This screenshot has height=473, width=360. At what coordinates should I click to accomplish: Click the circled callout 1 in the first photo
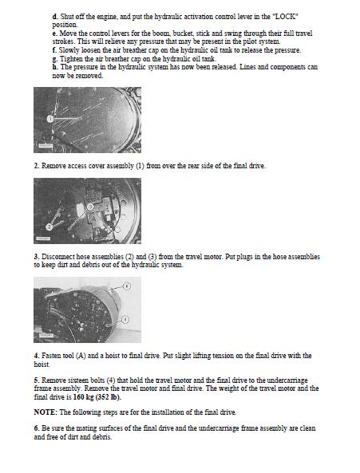point(50,119)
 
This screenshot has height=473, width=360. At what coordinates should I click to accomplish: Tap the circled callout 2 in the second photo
point(49,226)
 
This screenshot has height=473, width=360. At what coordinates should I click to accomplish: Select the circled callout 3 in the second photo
point(90,207)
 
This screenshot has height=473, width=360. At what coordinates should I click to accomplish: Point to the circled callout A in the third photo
point(128,286)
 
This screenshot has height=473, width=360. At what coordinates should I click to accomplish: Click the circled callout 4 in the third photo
point(126,319)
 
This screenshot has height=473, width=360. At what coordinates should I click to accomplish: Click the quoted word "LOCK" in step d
point(285,16)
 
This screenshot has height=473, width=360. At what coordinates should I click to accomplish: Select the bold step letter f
point(53,50)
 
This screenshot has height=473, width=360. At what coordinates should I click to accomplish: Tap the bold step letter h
point(54,67)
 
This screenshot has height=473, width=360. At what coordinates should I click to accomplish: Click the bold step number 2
point(37,166)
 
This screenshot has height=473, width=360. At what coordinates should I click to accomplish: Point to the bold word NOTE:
point(45,412)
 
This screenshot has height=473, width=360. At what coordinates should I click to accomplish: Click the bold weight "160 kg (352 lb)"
point(97,397)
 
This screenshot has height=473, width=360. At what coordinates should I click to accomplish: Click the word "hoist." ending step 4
point(42,364)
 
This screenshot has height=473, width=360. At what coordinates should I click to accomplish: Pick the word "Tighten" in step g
point(69,59)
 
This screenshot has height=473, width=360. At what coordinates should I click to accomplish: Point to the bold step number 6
point(37,428)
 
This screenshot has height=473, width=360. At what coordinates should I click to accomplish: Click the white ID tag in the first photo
point(45,145)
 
